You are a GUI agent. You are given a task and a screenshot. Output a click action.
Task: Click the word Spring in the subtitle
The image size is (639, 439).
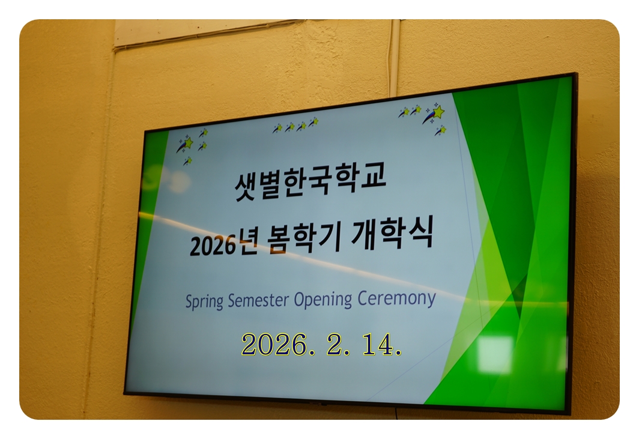204,301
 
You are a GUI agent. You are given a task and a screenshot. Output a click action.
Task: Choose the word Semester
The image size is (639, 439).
258,300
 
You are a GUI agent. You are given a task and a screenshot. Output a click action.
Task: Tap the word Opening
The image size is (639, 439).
323,300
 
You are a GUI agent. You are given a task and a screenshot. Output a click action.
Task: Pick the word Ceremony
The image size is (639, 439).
396,299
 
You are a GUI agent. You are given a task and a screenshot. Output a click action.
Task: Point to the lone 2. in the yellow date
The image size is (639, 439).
338,345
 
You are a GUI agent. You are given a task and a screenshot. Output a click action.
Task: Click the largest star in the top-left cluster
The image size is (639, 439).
186,144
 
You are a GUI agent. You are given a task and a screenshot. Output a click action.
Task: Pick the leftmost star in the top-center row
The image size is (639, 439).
277,129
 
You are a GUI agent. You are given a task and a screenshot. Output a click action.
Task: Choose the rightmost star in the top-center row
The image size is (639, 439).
313,122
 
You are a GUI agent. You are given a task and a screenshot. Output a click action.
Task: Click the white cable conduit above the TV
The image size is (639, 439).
394,58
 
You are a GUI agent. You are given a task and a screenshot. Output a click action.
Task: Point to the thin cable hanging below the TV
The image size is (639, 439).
396,412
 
